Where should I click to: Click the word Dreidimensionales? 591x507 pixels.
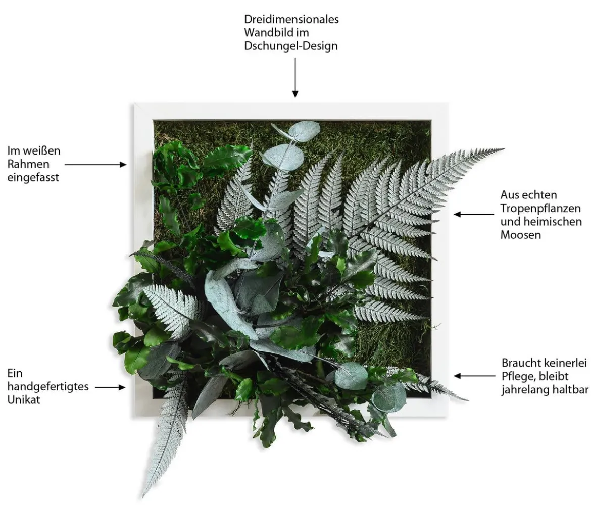[x=291, y=19]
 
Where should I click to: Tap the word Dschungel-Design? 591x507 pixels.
[x=290, y=46]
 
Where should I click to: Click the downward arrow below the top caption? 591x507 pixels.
[x=295, y=78]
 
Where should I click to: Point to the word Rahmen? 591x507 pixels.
[x=28, y=164]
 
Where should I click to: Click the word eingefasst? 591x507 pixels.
[x=33, y=177]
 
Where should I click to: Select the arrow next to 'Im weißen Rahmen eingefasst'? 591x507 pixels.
[x=96, y=165]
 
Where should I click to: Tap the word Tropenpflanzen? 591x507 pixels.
[x=540, y=208]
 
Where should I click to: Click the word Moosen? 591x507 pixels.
[x=520, y=235]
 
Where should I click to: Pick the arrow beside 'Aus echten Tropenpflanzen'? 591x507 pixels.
[x=474, y=214]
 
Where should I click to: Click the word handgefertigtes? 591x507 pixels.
[x=48, y=387]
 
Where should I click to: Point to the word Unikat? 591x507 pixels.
[x=23, y=399]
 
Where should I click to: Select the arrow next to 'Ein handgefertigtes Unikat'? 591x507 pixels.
[x=110, y=387]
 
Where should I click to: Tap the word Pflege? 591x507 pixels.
[x=518, y=376]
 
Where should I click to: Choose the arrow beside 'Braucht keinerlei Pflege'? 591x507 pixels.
[x=474, y=376]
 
